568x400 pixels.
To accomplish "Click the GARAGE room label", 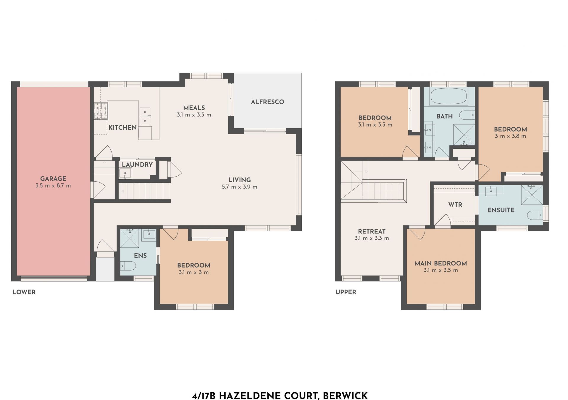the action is click(53, 179).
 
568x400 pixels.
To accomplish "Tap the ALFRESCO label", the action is click(267, 102).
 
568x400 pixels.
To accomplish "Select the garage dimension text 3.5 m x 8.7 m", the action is click(53, 186).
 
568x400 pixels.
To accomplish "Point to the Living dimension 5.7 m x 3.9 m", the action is click(240, 187).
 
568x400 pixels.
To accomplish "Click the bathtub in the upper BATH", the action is click(448, 96).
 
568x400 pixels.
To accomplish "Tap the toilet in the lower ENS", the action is click(128, 266).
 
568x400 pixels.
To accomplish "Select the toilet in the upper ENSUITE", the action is click(535, 215).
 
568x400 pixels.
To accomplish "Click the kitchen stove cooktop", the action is click(101, 111).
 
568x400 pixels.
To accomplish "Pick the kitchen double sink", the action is click(145, 116).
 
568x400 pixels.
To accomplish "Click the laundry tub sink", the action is click(125, 173).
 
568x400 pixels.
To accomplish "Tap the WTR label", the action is click(455, 205).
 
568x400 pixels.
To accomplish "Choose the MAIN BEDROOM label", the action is click(441, 263).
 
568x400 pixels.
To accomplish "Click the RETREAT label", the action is click(372, 231).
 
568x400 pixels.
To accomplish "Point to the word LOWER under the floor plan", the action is click(24, 292).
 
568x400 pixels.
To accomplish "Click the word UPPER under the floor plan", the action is click(346, 292).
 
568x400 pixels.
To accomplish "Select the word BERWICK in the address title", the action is click(345, 396).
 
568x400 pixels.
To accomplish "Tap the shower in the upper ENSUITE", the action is click(532, 195).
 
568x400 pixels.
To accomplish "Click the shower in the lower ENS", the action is click(129, 238).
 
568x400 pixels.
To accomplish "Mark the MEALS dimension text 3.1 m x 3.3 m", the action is click(194, 115).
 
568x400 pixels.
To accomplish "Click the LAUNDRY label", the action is click(137, 165).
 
